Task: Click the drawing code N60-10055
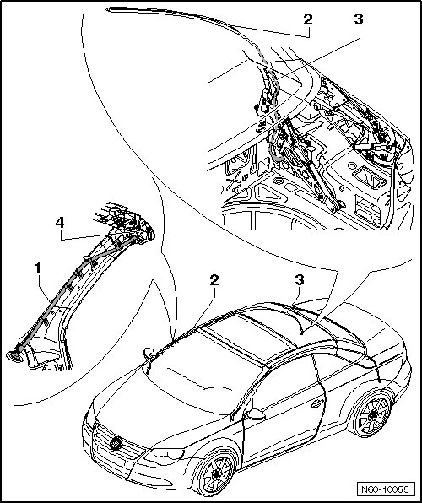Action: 385,489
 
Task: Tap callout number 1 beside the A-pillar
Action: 38,268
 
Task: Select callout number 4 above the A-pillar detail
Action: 60,222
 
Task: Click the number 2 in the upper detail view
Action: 307,19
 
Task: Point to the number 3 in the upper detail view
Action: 359,19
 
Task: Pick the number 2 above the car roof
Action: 214,280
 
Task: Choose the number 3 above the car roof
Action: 300,280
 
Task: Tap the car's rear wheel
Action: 372,416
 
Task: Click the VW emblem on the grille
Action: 115,443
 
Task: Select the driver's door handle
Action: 317,403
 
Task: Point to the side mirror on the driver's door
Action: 256,414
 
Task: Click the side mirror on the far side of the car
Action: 149,353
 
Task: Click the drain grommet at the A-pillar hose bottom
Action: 15,356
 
